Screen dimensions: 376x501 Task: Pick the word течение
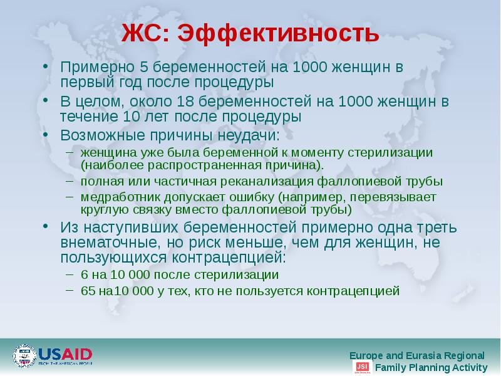86,117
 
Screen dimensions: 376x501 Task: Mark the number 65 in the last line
88,291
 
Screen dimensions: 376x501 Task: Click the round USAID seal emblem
24,356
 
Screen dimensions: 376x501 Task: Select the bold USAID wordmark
66,353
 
